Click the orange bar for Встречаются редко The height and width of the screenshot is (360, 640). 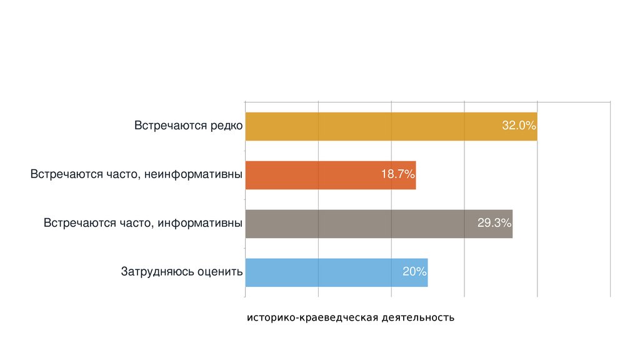tap(375, 126)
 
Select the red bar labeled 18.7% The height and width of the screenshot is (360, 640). tap(312, 175)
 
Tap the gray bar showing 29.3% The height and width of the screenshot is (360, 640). tap(362, 224)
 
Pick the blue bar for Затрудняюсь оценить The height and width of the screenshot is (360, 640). tap(325, 272)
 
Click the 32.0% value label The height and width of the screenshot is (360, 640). tap(519, 126)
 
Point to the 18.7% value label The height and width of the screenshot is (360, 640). tap(398, 175)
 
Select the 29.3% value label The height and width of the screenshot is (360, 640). tap(494, 224)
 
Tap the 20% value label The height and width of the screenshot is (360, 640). tap(414, 272)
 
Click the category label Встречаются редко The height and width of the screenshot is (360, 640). tap(188, 126)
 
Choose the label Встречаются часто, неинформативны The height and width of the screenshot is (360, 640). tap(136, 174)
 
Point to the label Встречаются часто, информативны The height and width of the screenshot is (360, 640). tap(143, 223)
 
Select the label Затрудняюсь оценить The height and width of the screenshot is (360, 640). tap(181, 272)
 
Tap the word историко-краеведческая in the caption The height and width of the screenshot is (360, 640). tap(312, 318)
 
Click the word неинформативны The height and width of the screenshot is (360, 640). tap(194, 174)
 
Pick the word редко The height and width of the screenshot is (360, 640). tap(226, 126)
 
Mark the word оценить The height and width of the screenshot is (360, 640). tap(219, 272)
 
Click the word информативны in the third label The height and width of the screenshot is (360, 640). tap(200, 223)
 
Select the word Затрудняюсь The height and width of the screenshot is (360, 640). tap(157, 272)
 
